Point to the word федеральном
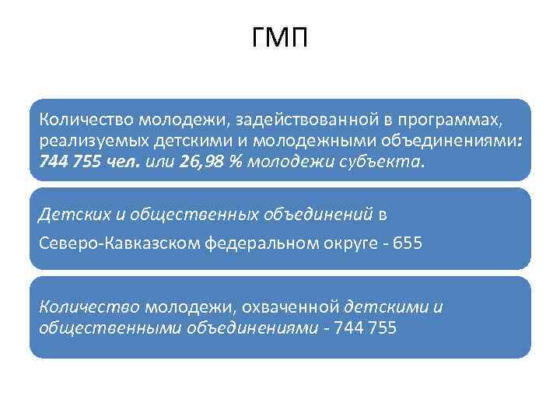(x=257, y=243)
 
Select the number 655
(x=408, y=243)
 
